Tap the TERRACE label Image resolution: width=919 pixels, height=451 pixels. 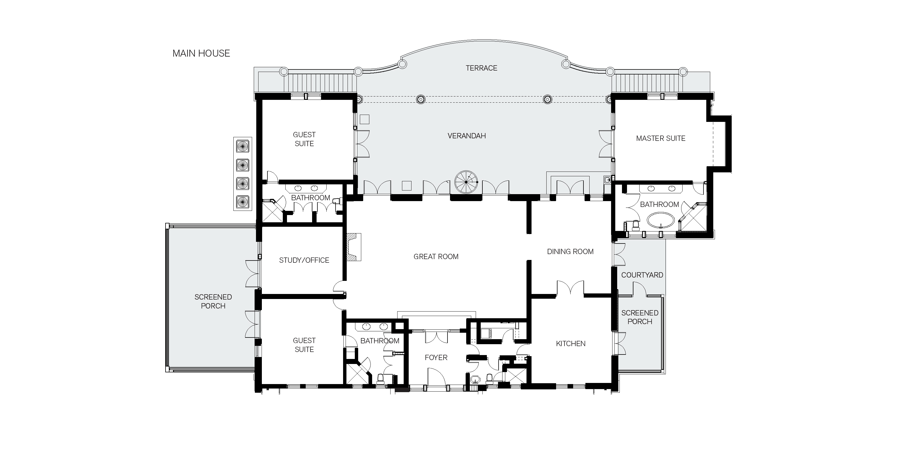(481, 68)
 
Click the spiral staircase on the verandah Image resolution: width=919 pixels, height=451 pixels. (466, 182)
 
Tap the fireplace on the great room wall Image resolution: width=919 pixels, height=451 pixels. (353, 247)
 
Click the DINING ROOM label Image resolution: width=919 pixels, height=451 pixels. (570, 252)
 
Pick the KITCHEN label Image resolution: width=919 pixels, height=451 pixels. (570, 344)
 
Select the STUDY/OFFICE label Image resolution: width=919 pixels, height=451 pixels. (304, 260)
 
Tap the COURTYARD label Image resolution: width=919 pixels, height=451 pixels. (642, 275)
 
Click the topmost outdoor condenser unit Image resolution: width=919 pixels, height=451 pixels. (243, 146)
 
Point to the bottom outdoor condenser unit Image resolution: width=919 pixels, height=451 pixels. (243, 202)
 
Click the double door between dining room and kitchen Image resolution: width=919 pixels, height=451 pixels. (570, 288)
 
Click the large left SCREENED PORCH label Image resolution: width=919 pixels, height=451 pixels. (213, 301)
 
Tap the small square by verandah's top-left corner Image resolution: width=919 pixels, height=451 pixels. (364, 119)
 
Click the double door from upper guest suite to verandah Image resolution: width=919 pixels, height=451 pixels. (362, 144)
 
